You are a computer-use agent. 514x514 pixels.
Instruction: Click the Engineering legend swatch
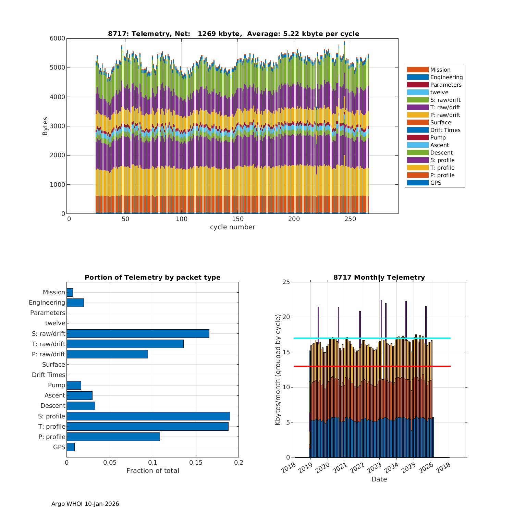pyautogui.click(x=418, y=77)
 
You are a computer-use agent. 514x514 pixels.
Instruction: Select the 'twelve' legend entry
pyautogui.click(x=439, y=92)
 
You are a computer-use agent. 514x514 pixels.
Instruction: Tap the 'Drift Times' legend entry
pyautogui.click(x=445, y=130)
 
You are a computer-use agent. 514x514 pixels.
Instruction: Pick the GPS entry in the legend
pyautogui.click(x=436, y=183)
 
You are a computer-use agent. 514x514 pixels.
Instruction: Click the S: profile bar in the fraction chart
pyautogui.click(x=148, y=416)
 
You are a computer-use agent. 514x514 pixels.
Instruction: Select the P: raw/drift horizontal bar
pyautogui.click(x=107, y=354)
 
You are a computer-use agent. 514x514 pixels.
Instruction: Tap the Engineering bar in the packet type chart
pyautogui.click(x=75, y=303)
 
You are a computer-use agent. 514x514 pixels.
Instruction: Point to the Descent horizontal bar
pyautogui.click(x=81, y=406)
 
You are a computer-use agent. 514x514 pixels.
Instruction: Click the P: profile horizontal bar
pyautogui.click(x=113, y=437)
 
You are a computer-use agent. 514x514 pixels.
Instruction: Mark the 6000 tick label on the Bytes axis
pyautogui.click(x=58, y=38)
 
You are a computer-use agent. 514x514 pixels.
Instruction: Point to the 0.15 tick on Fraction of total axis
pyautogui.click(x=196, y=463)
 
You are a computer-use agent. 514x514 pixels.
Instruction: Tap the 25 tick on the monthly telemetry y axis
pyautogui.click(x=286, y=282)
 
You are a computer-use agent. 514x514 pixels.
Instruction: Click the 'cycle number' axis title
pyautogui.click(x=232, y=227)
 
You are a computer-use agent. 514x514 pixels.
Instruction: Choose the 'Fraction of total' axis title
pyautogui.click(x=152, y=470)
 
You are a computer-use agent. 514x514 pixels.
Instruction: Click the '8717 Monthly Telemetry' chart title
pyautogui.click(x=379, y=277)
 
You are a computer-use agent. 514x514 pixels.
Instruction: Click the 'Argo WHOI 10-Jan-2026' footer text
pyautogui.click(x=85, y=504)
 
